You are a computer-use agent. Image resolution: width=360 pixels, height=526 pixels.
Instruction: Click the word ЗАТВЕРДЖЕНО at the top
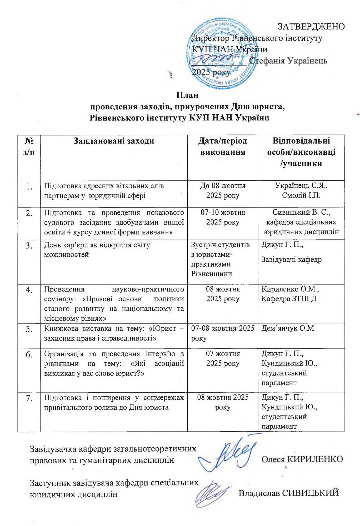coord(311,27)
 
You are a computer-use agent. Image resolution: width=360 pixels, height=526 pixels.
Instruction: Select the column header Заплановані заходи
coord(114,141)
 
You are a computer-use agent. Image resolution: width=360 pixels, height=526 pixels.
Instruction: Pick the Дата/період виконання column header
coord(223,146)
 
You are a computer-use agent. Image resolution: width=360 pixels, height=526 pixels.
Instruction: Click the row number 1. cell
coord(29,187)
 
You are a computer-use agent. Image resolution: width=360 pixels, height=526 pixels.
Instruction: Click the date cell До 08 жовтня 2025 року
coord(223,191)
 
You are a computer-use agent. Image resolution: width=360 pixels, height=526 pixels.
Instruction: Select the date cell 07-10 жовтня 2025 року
coord(223,217)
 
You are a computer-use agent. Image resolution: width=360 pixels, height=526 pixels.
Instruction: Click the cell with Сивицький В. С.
coord(301,222)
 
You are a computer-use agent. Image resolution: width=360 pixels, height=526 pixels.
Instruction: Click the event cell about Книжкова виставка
coord(114,333)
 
